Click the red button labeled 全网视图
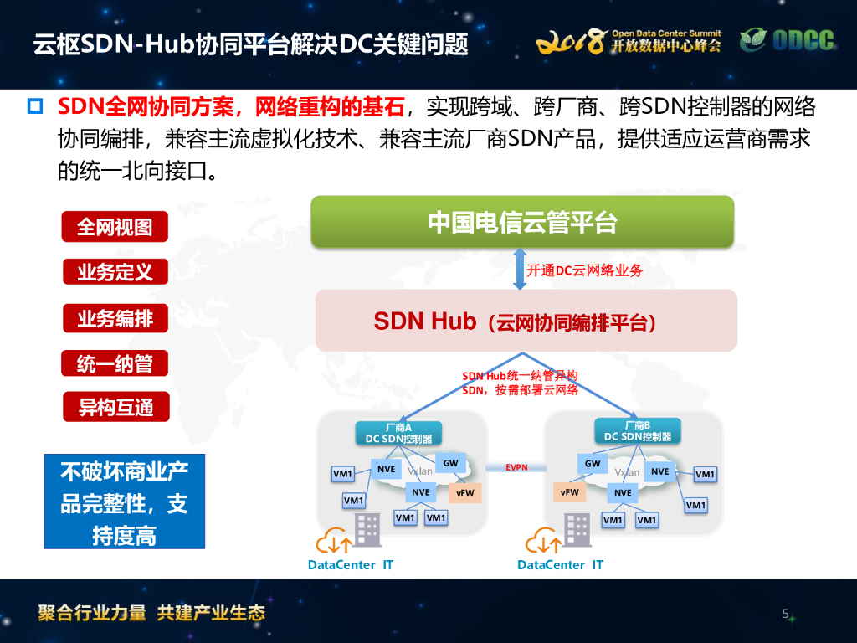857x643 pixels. pos(115,227)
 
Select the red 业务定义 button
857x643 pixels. pos(115,272)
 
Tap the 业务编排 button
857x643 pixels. pos(115,318)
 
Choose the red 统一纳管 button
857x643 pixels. pos(115,363)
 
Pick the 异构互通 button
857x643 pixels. pos(115,408)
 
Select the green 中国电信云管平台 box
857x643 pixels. pos(522,222)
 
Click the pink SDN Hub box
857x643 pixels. pos(526,321)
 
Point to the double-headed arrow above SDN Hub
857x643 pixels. pos(520,269)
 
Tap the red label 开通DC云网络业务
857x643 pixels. pos(584,270)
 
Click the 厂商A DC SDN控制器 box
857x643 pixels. pos(398,432)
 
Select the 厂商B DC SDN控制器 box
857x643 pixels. pos(637,431)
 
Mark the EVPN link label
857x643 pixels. pos(516,467)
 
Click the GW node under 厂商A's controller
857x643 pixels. pos(450,463)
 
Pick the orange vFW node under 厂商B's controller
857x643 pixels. pos(570,492)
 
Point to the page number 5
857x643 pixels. pos(785,614)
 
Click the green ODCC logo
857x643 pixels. pos(788,40)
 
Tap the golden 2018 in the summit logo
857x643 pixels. pos(569,41)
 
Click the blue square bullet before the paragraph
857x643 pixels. pos(35,106)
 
